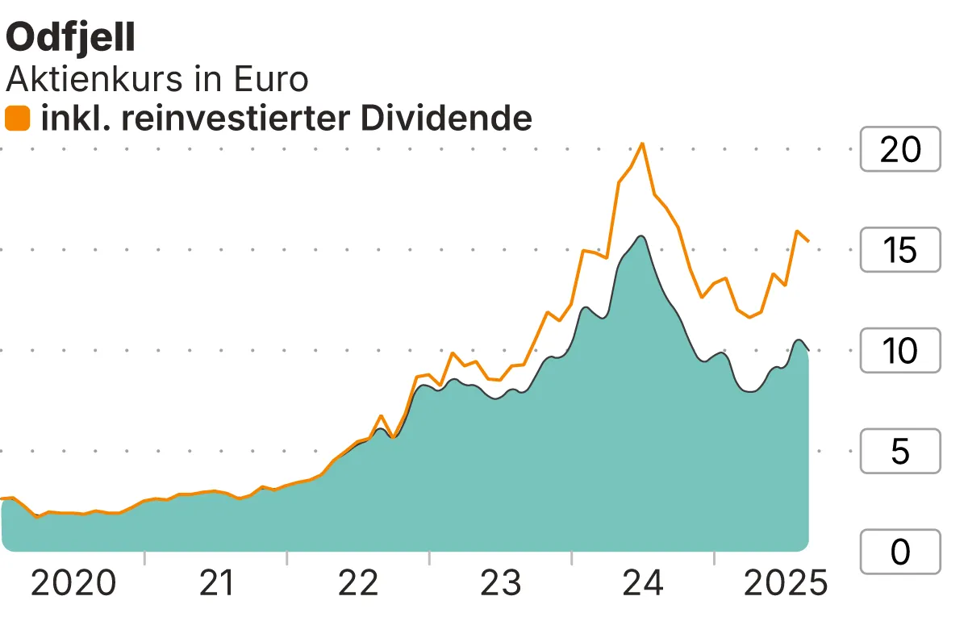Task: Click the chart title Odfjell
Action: [x=71, y=39]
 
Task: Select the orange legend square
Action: [x=18, y=119]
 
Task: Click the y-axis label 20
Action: [x=899, y=149]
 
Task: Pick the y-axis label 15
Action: [x=899, y=250]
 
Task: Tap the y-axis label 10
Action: [x=899, y=351]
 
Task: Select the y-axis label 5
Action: [x=899, y=452]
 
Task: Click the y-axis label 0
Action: [x=899, y=552]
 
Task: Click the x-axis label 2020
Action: [x=73, y=583]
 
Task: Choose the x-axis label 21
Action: [x=216, y=583]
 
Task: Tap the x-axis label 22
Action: [x=358, y=583]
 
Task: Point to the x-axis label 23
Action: [x=501, y=583]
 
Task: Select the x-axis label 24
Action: [x=644, y=583]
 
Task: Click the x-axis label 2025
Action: [x=785, y=583]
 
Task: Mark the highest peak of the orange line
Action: [x=642, y=144]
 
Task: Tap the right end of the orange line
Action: [x=808, y=240]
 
